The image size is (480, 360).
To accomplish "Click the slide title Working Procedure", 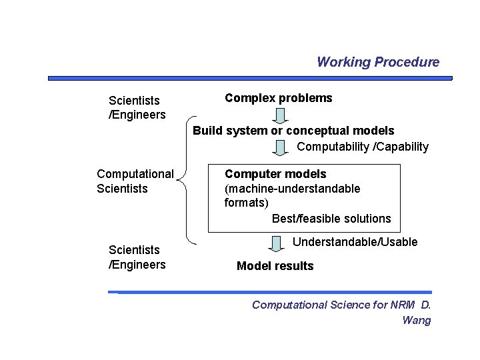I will click(378, 62).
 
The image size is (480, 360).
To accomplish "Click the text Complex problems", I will click(278, 98).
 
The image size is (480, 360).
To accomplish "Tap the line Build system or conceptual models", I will click(293, 131).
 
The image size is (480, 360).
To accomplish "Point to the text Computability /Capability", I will click(363, 147).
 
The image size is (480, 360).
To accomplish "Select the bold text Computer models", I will click(275, 174).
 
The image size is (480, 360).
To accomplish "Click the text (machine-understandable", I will click(292, 189).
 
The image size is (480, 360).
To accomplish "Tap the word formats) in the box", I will click(247, 203).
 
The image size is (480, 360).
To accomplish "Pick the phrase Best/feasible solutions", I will click(331, 219).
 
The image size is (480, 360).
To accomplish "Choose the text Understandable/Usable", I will click(355, 242).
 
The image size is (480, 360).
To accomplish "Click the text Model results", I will click(275, 266).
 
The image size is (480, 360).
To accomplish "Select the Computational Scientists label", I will click(135, 181).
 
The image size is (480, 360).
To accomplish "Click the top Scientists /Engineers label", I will click(137, 107).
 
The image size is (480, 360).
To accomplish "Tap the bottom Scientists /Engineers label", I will click(137, 257).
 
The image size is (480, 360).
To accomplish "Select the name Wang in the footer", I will click(417, 320).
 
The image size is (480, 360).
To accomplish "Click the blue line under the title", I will click(250, 78).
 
